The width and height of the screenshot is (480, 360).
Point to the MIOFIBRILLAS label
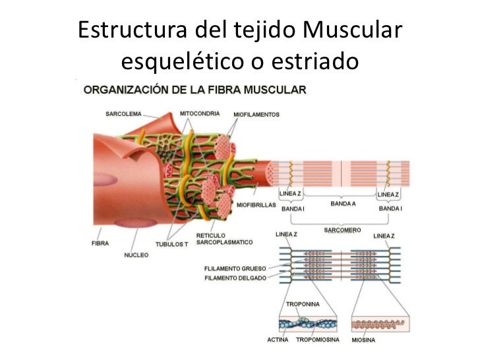256,204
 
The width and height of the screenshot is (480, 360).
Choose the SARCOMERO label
342,229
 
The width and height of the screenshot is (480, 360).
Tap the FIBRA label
100,243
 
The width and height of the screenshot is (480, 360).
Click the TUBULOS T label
171,243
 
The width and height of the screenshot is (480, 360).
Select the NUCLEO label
136,255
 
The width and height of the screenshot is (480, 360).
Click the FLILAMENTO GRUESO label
235,269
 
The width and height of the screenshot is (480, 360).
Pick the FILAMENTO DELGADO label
235,278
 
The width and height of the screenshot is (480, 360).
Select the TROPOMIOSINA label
318,340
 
